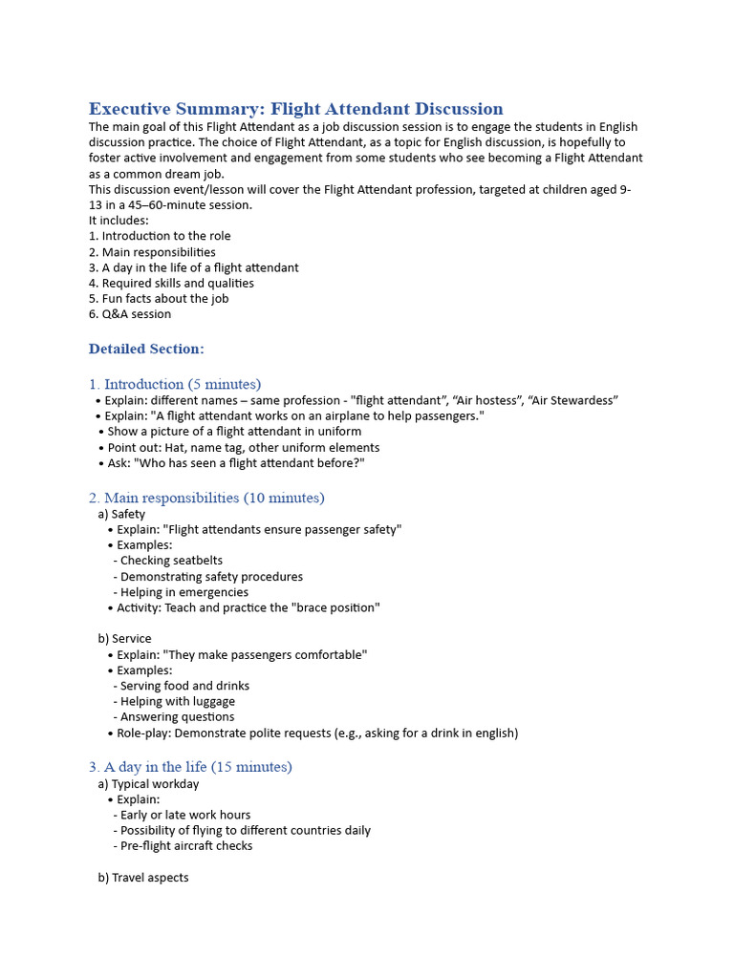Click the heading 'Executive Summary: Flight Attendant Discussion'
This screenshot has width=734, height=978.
click(x=295, y=109)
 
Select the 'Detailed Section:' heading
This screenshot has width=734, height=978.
click(x=146, y=349)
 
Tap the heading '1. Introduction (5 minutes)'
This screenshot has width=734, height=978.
click(x=175, y=384)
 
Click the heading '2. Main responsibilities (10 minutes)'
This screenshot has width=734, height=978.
click(x=206, y=498)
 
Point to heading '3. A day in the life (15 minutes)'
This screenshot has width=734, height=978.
click(x=190, y=767)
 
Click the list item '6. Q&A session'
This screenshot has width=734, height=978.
click(x=130, y=314)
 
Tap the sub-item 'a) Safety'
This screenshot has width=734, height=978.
click(x=121, y=514)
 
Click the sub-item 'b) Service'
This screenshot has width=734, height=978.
click(x=124, y=638)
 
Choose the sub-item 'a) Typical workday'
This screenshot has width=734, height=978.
click(x=148, y=784)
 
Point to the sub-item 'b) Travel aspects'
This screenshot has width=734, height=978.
click(x=143, y=878)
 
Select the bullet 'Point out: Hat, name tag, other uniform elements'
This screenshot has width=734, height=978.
click(x=243, y=447)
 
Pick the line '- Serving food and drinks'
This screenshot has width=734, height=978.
click(x=181, y=686)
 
